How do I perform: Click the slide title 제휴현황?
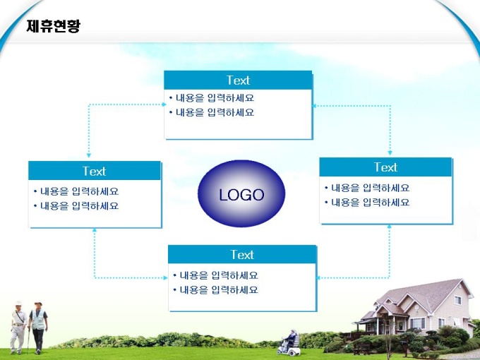point(53,26)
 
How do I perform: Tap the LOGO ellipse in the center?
point(241,193)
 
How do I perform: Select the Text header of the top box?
point(238,80)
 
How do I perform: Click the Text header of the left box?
point(95,171)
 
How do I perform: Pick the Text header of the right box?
point(385,167)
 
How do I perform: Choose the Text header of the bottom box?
point(242,254)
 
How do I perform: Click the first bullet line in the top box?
point(212,98)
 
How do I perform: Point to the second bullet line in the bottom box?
point(215,290)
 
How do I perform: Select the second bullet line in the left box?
point(76,206)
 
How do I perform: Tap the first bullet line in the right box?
point(367,188)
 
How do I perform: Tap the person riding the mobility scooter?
point(289,340)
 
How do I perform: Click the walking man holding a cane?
point(18,327)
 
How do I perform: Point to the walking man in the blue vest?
point(37,328)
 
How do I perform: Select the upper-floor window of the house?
point(457,300)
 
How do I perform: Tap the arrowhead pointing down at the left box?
point(89,155)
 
